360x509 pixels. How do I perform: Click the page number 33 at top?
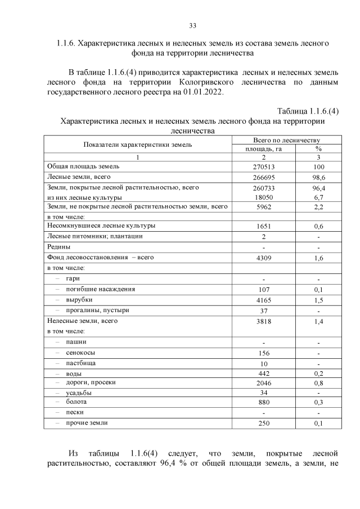192,26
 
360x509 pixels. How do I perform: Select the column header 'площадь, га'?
264,149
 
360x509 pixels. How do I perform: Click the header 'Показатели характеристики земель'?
138,145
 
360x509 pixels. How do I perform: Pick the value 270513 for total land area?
264,167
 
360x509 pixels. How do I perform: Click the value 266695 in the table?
264,177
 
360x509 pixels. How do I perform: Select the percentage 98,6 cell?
318,177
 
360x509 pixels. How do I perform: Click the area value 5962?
264,207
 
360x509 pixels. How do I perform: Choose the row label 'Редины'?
58,247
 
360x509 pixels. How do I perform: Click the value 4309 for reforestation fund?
264,258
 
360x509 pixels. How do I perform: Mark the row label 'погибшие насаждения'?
100,289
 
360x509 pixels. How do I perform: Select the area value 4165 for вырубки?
264,300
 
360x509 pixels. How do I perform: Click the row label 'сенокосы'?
80,353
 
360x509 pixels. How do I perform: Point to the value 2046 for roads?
264,382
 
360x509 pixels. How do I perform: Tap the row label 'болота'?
76,402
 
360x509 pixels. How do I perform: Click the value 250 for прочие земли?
264,423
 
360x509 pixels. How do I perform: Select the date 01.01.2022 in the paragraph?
184,93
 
